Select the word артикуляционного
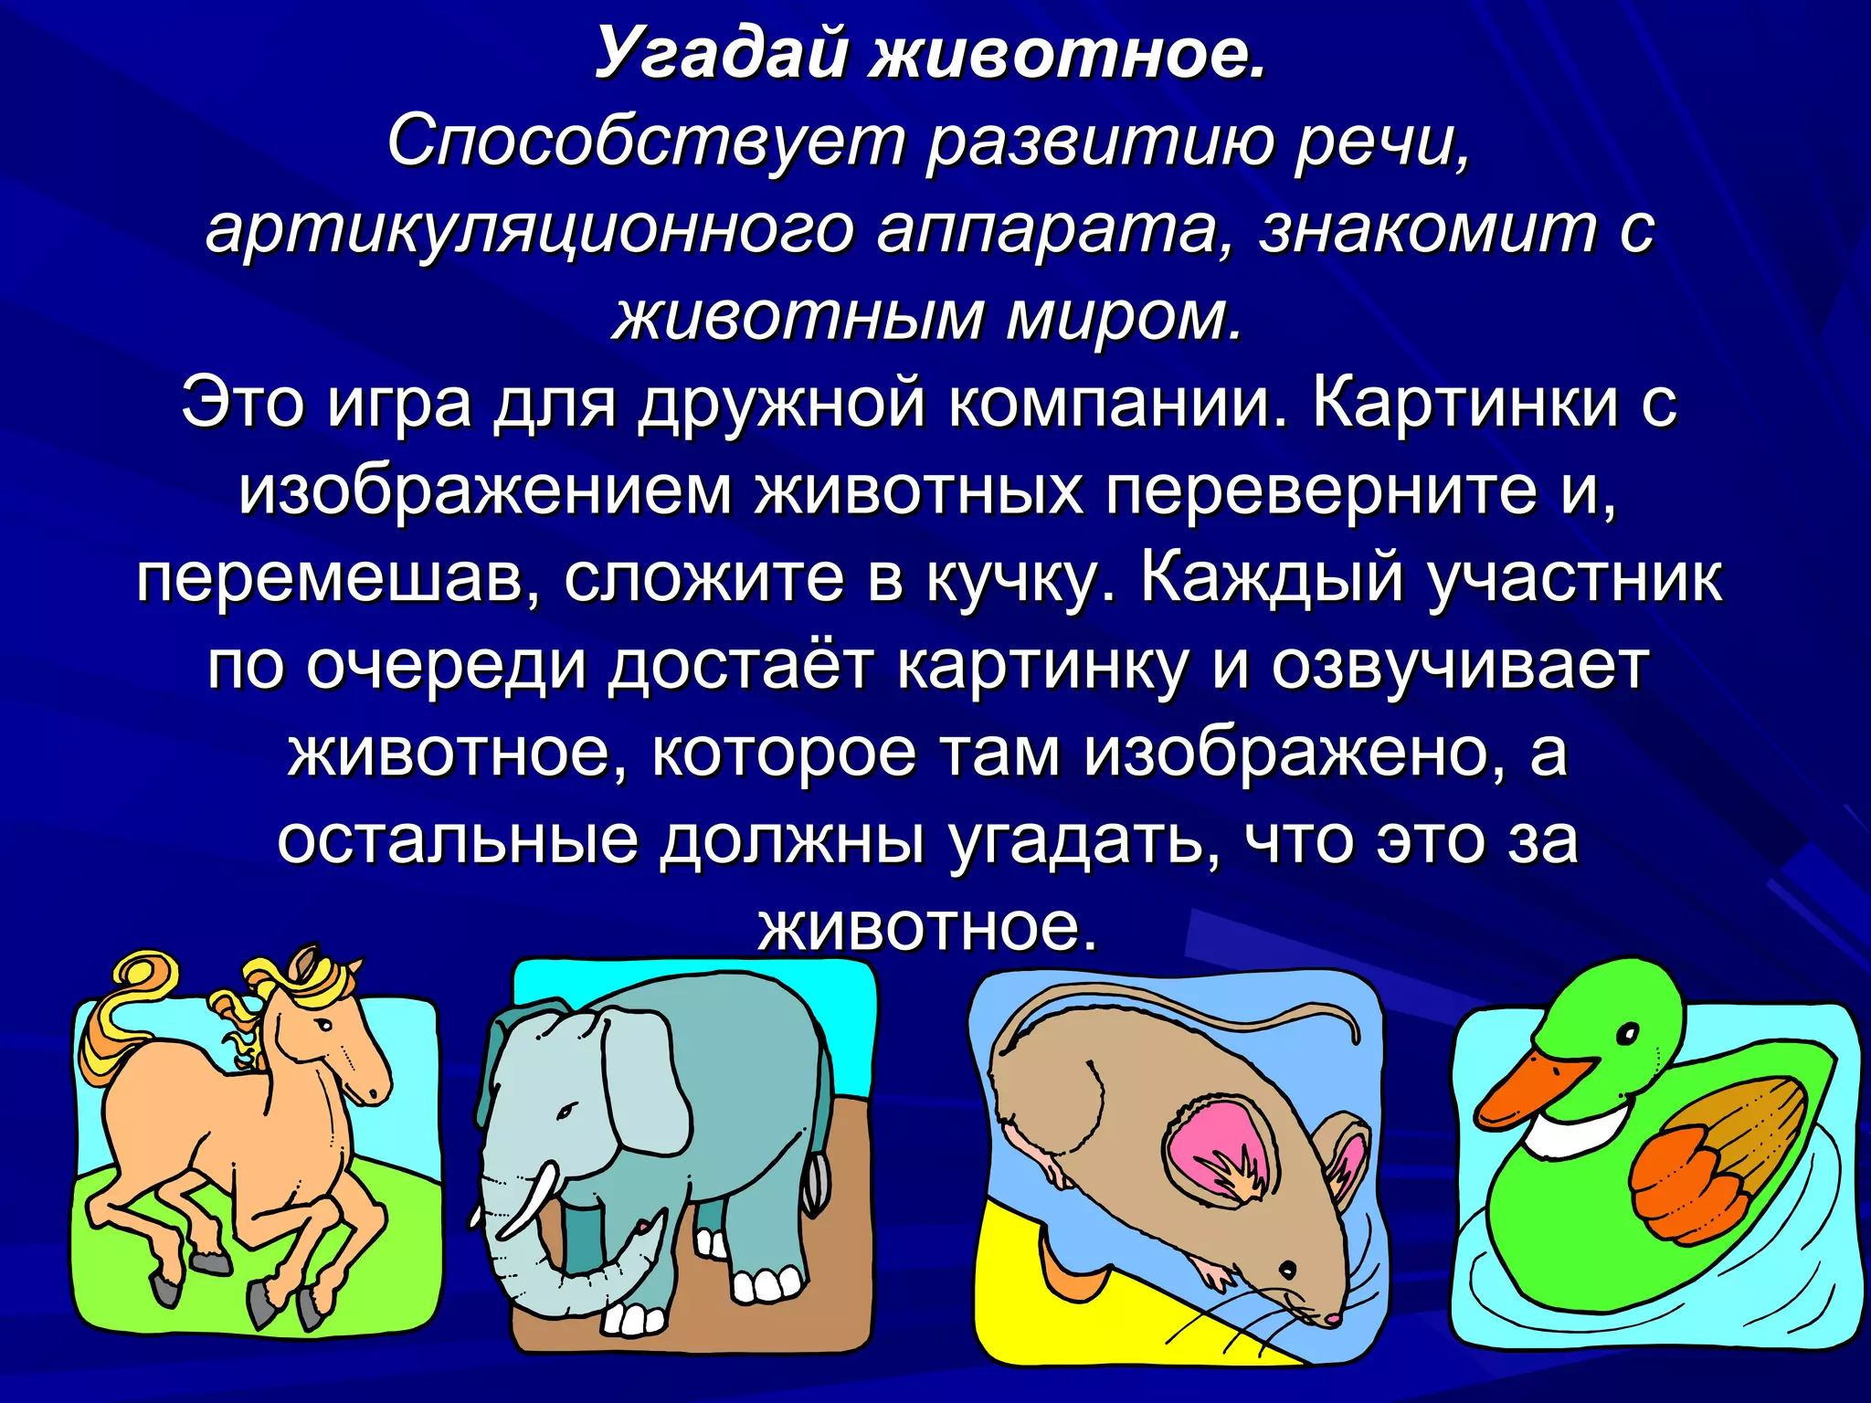(x=529, y=230)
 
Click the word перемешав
(x=338, y=578)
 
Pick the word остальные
(x=457, y=840)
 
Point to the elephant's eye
(x=568, y=1112)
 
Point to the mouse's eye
(x=1287, y=1270)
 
